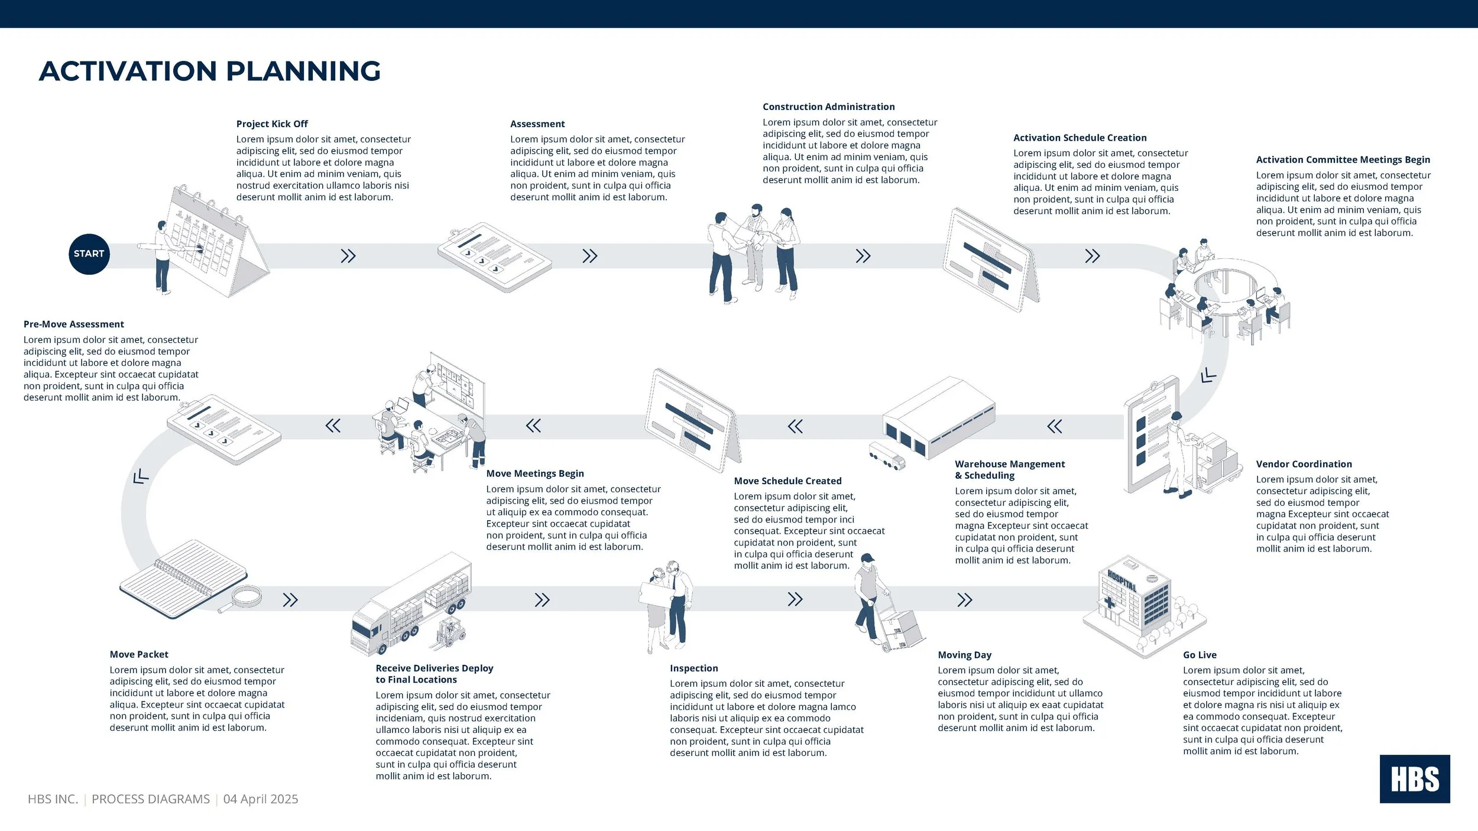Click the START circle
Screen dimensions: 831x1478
tap(89, 254)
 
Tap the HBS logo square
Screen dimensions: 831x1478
tap(1414, 778)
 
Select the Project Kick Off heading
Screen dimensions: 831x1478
tap(272, 124)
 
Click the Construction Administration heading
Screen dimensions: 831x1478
tap(828, 107)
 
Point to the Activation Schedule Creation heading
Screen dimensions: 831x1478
tap(1080, 138)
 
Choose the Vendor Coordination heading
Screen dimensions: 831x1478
tap(1304, 465)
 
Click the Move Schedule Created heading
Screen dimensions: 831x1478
tap(787, 481)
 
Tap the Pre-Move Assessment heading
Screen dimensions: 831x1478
tap(74, 324)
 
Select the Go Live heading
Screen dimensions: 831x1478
tap(1200, 655)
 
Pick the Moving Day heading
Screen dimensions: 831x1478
tap(964, 655)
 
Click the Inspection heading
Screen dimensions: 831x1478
tap(693, 668)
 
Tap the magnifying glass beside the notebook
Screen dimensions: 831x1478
tap(242, 598)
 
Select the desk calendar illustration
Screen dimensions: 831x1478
tap(213, 242)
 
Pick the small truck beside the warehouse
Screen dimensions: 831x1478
tap(887, 456)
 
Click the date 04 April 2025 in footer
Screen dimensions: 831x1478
tap(261, 799)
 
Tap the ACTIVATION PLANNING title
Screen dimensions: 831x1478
tap(210, 72)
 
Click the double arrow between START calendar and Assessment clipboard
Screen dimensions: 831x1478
tap(348, 256)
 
